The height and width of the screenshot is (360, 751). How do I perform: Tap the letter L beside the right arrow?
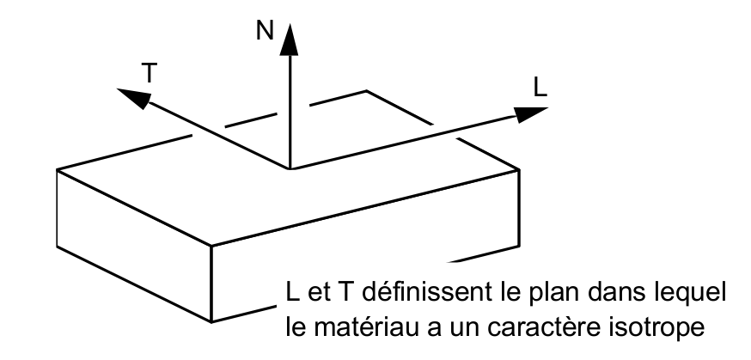[538, 88]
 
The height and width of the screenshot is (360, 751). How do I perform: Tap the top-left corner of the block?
[57, 169]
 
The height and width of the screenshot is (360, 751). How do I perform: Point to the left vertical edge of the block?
[57, 206]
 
